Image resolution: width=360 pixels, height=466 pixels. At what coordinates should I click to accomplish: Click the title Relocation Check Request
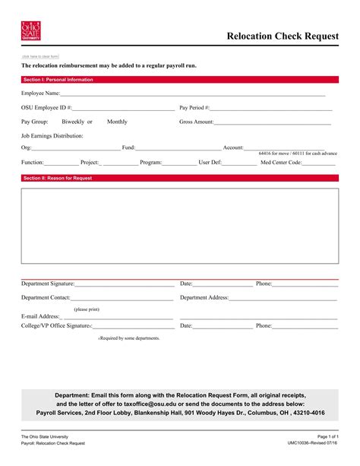coord(281,35)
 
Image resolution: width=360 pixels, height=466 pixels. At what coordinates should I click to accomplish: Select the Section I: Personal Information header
coord(58,79)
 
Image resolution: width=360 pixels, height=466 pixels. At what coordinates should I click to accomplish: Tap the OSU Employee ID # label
coord(46,108)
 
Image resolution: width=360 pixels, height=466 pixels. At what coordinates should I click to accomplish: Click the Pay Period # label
coord(195,108)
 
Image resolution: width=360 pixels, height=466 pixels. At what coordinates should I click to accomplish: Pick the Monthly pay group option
coord(117,122)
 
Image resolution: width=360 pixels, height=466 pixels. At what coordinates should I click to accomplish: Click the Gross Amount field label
coord(197,122)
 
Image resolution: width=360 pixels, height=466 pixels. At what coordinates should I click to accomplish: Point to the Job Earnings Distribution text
coord(52,135)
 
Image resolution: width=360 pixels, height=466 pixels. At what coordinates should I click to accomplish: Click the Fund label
coord(128,147)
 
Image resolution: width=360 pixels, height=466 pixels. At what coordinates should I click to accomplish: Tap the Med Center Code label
coord(281,162)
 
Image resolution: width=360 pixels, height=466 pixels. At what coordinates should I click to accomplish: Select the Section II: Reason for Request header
coord(58,178)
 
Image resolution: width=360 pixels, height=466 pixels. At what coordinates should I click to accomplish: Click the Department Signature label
coord(48,284)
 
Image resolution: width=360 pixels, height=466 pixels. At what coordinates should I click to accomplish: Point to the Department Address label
coord(204,297)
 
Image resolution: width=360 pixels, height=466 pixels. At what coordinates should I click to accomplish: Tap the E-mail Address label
coord(40,315)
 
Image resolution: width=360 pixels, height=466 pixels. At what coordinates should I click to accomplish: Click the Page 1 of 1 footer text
coord(327,436)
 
